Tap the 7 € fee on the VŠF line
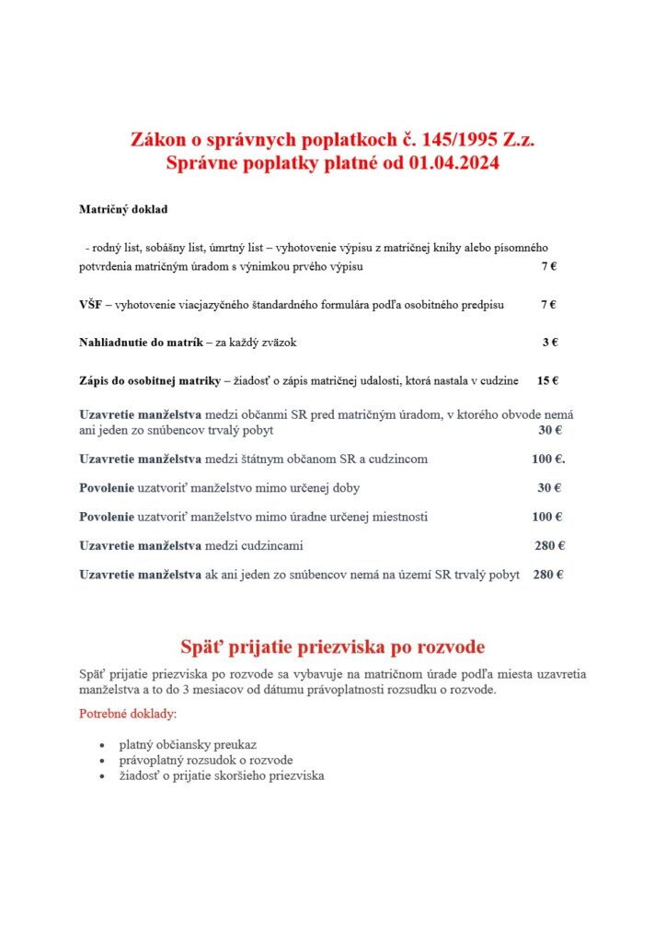tap(548, 304)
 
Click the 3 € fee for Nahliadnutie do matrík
tap(549, 342)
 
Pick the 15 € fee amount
tap(548, 380)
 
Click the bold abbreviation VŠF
tap(91, 304)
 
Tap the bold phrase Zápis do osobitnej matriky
tap(150, 380)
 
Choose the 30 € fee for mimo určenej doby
tap(549, 487)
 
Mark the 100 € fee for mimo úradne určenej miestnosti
tap(547, 517)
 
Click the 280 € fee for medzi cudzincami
tap(549, 545)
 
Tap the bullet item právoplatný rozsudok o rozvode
tap(206, 760)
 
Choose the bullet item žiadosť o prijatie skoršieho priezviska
tap(222, 775)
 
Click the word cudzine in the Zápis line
tap(498, 380)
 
